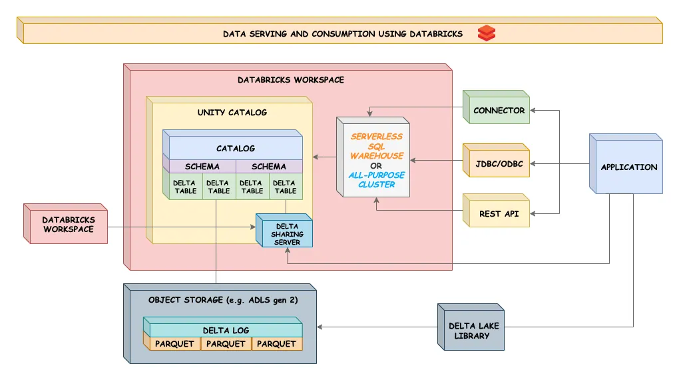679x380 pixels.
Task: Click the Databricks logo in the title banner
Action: click(x=487, y=33)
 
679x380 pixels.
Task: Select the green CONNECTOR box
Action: click(x=499, y=111)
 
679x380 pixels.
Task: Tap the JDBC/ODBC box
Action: click(x=499, y=163)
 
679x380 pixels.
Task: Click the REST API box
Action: click(x=499, y=214)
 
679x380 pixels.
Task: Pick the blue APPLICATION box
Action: click(x=628, y=167)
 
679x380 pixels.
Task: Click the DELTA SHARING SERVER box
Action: click(x=286, y=234)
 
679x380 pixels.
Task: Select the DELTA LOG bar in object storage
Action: click(x=225, y=331)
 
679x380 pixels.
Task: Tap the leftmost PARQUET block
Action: click(x=174, y=344)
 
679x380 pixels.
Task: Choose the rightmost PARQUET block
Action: click(x=276, y=344)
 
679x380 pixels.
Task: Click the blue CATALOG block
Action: click(x=235, y=148)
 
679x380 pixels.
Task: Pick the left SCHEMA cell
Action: click(x=202, y=167)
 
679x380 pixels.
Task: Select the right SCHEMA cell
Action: click(x=269, y=167)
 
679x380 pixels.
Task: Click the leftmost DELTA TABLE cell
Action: click(x=185, y=187)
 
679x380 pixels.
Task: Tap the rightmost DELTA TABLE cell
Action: click(x=285, y=187)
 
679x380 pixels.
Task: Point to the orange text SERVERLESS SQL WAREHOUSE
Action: click(x=377, y=146)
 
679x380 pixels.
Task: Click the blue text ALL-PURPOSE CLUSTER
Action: click(x=376, y=180)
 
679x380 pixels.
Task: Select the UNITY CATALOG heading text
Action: click(x=232, y=113)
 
